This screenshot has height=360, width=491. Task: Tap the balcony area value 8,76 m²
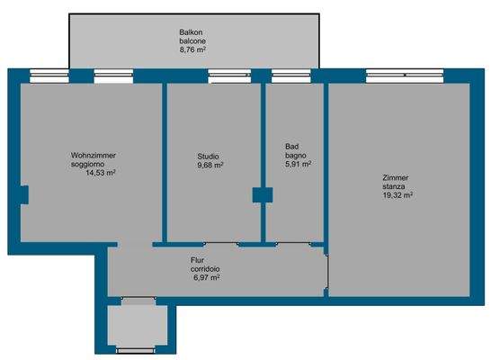pos(192,50)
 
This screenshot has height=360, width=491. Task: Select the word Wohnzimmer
pos(94,156)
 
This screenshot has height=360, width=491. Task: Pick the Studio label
pos(208,156)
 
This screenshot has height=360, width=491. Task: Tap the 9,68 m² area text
pos(210,165)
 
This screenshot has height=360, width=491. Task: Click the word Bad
pos(291,146)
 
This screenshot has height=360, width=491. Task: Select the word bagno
pos(296,155)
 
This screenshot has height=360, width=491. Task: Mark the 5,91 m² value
pos(298,164)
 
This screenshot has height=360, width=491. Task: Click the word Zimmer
pos(394,177)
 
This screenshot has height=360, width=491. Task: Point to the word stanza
pos(394,186)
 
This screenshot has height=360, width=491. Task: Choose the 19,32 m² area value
pos(397,195)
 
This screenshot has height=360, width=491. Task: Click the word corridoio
pos(206,269)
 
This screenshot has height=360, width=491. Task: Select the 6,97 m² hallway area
pos(206,278)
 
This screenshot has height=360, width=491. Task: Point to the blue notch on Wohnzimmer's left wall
pos(25,193)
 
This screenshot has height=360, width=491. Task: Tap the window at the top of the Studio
pos(222,76)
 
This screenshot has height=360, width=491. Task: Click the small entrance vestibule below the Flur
pos(138,328)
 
